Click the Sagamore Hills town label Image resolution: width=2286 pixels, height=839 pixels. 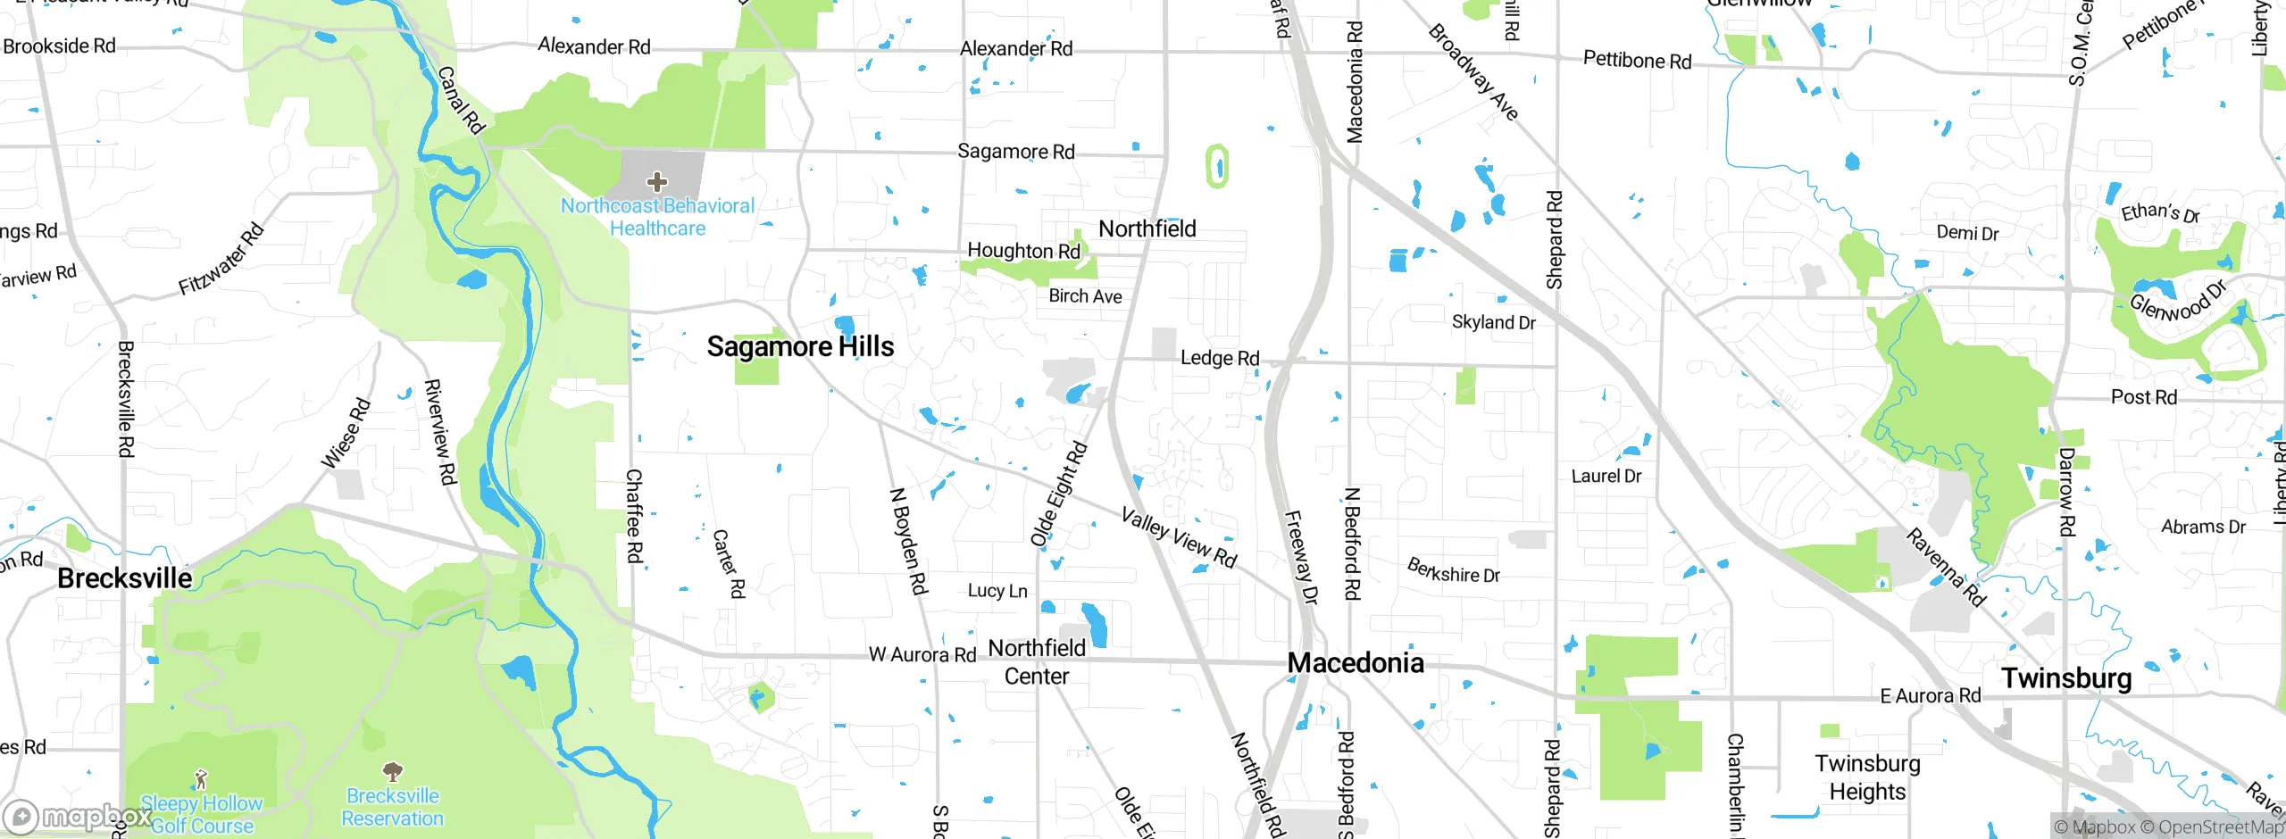tap(800, 346)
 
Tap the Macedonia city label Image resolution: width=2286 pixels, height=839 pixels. tap(1356, 662)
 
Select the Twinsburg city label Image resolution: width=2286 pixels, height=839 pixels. tap(2066, 678)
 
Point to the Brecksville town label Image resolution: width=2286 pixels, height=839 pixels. tap(125, 578)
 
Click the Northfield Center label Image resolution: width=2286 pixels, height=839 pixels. tap(1037, 662)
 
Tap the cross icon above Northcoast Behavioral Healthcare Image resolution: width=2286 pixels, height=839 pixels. tap(657, 182)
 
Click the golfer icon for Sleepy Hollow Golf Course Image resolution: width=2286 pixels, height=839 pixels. tap(202, 779)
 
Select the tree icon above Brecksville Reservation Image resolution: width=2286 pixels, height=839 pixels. tap(392, 771)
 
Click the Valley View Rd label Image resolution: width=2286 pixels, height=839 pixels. tap(1179, 538)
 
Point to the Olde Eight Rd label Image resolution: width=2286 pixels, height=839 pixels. tap(1059, 494)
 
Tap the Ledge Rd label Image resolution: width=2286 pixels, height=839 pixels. tap(1220, 358)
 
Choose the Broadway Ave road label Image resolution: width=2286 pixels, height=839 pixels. tap(1473, 72)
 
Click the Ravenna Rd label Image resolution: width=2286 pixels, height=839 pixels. tap(1946, 568)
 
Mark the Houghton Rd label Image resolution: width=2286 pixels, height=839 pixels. tap(1023, 251)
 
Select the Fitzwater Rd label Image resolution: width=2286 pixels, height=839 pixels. tap(221, 259)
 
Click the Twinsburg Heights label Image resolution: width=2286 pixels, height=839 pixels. tap(1867, 777)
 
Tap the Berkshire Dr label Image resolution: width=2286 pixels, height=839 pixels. tap(1453, 570)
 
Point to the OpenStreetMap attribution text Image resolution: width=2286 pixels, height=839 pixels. tap(2220, 827)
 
